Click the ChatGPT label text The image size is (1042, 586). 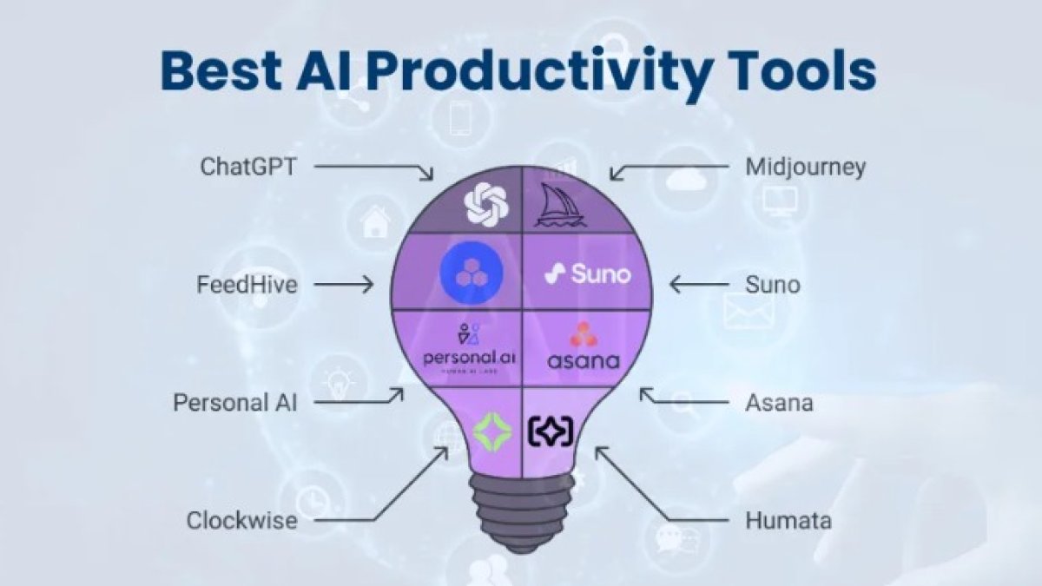[248, 166]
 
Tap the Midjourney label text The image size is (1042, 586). [805, 167]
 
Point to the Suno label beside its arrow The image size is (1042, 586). [773, 284]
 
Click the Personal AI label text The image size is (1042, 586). [234, 403]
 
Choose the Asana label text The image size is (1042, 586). [779, 403]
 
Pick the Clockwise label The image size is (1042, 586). [241, 521]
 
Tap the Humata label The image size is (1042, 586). [788, 521]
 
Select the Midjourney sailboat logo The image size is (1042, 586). [560, 205]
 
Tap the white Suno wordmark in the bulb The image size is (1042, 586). [587, 274]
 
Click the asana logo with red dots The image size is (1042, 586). [584, 346]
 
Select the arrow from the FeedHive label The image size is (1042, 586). [343, 284]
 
